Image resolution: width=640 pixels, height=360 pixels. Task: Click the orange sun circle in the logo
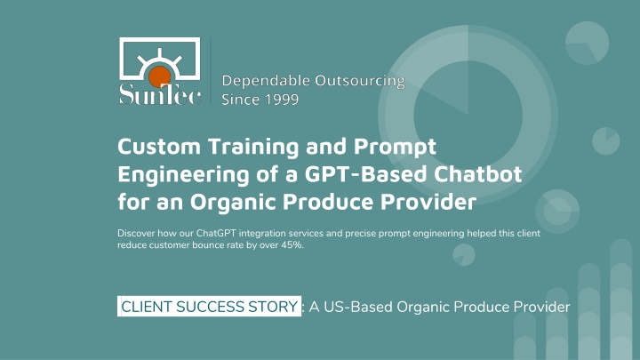click(160, 76)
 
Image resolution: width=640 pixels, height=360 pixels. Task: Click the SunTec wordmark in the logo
click(160, 94)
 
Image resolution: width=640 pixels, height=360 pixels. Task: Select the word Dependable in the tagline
click(266, 80)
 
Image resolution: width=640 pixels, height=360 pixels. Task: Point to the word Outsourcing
click(360, 81)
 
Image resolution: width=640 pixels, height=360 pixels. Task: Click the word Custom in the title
click(159, 146)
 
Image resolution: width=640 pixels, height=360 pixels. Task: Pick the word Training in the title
click(254, 147)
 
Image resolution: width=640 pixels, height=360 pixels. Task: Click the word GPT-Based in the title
click(365, 174)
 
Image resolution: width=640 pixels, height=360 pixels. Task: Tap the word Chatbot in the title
click(477, 174)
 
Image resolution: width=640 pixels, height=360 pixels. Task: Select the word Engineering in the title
click(184, 175)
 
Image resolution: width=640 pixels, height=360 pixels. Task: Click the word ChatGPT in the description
click(216, 234)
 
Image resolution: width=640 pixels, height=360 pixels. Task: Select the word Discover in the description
click(136, 234)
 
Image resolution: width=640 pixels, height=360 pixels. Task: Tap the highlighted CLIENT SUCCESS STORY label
click(210, 307)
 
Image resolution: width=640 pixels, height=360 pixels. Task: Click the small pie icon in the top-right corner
click(587, 43)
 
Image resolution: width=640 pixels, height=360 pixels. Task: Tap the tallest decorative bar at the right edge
click(620, 300)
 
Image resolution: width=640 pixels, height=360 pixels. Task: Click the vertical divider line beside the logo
click(211, 71)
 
